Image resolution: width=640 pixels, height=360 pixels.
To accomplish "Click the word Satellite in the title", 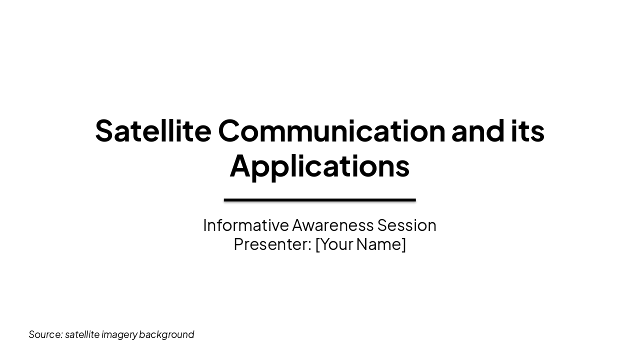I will (x=153, y=130).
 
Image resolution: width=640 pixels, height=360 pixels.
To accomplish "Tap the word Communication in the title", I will (x=331, y=130).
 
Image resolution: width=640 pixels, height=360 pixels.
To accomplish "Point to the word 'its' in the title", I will (x=527, y=130).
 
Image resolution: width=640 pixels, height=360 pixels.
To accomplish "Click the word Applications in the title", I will (x=319, y=166).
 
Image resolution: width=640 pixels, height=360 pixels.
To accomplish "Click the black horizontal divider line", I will (x=319, y=200).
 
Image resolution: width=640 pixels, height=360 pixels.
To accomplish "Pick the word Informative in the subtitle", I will (x=246, y=225).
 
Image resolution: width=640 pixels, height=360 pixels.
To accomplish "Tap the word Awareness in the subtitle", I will (x=333, y=225).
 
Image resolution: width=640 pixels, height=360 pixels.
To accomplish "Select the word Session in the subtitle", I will (x=407, y=225).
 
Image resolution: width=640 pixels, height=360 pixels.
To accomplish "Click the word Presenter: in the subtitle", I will (x=272, y=244).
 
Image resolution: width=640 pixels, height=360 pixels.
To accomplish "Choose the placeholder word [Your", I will (x=334, y=244).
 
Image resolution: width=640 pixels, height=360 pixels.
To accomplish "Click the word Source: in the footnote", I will (x=45, y=334).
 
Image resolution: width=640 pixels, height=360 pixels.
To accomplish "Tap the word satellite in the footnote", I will (x=82, y=334).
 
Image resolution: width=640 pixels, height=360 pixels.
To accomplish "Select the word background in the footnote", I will (x=166, y=334).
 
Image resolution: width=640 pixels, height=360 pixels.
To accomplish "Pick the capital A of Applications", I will (x=240, y=165).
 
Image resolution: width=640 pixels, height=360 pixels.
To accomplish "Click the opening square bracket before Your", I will (x=317, y=244).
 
